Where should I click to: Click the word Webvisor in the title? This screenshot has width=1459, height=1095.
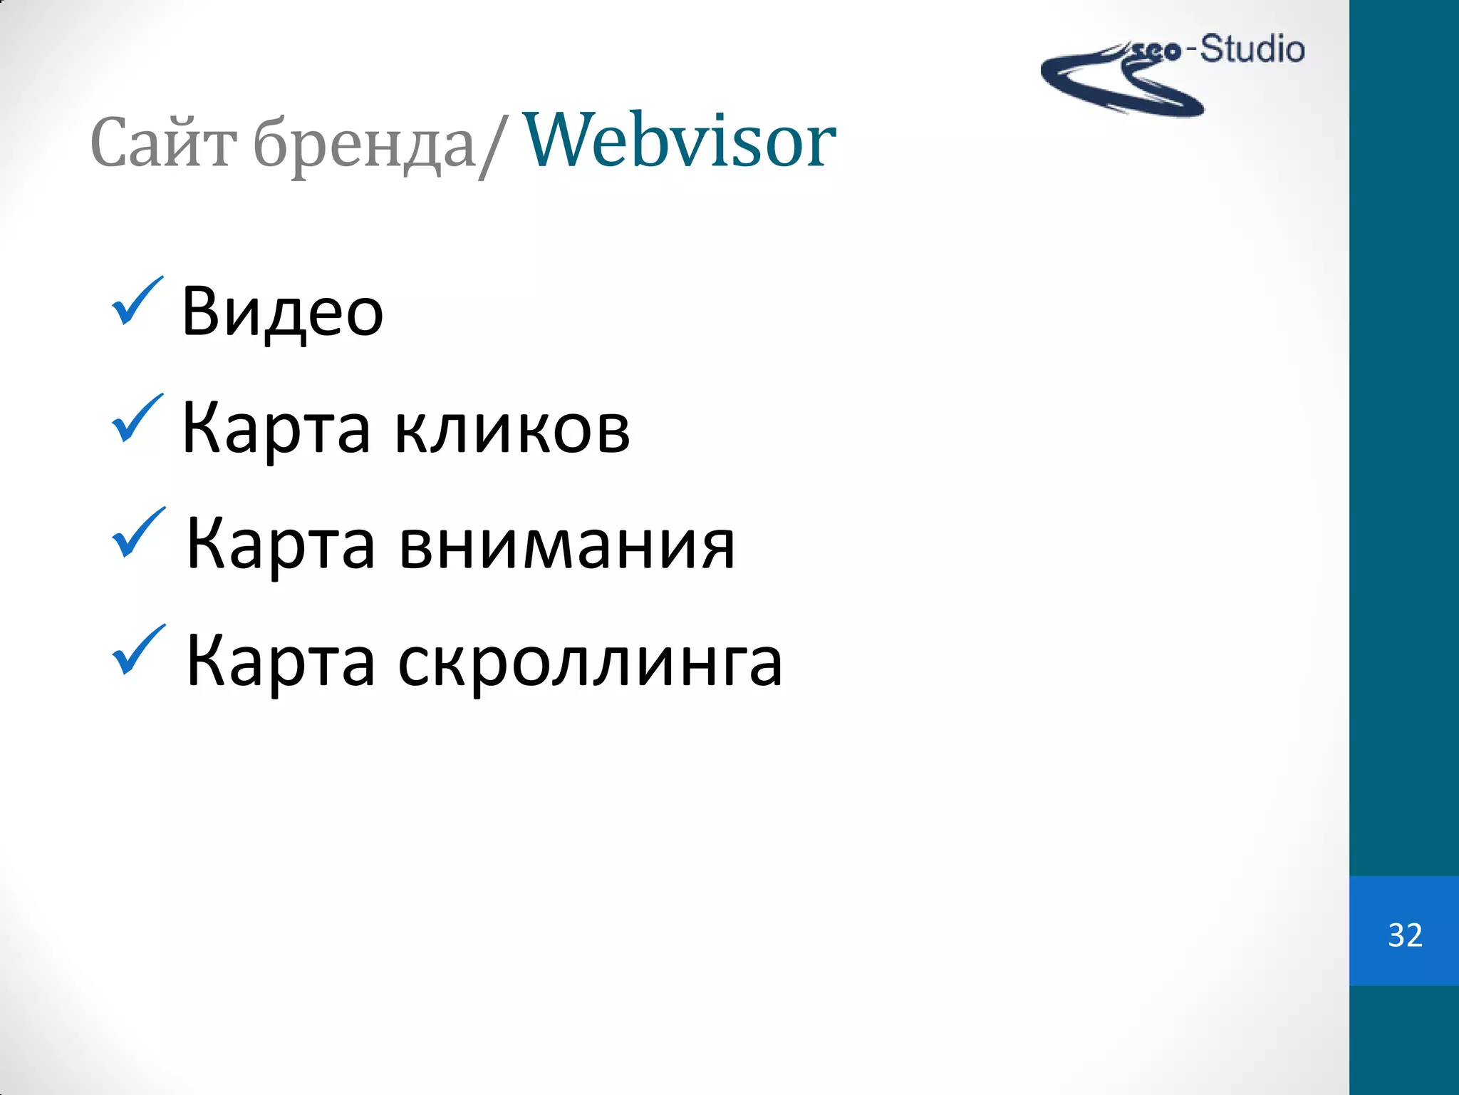(679, 141)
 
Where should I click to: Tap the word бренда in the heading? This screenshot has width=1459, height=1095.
(364, 146)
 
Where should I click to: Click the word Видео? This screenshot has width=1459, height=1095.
(282, 312)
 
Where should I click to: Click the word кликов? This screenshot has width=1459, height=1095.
(512, 430)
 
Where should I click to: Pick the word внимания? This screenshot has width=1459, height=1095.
(566, 546)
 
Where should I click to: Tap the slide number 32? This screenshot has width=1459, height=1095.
(1405, 935)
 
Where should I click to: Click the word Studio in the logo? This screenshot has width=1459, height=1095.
(1252, 50)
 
